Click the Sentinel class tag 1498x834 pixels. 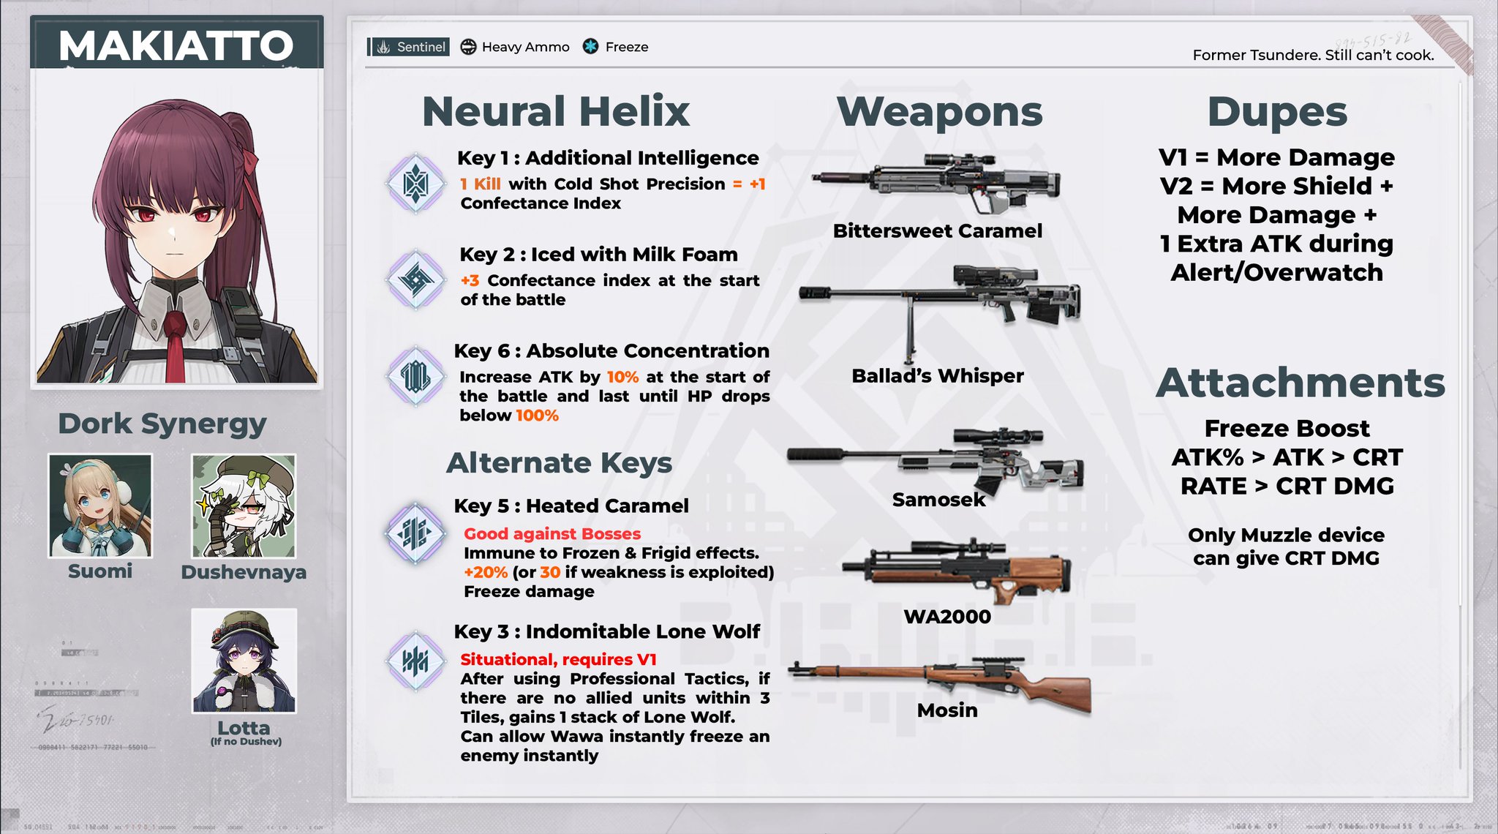pos(409,47)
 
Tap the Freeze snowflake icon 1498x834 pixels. pos(590,47)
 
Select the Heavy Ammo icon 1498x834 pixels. pos(468,47)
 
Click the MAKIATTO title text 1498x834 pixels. pos(176,45)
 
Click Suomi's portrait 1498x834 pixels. pos(100,506)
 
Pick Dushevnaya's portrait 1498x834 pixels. pos(244,506)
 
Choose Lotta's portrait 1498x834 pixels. pos(244,661)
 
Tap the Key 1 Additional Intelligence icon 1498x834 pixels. pos(415,183)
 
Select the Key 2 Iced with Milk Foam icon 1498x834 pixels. pos(415,279)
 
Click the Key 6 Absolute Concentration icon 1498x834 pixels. pos(415,376)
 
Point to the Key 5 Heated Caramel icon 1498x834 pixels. pos(415,533)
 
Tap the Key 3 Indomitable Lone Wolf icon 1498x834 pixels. pos(415,661)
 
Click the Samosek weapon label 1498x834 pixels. pos(939,500)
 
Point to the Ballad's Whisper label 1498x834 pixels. pos(938,376)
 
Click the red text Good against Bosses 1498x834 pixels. pos(552,534)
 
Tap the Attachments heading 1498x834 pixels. pos(1300,383)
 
